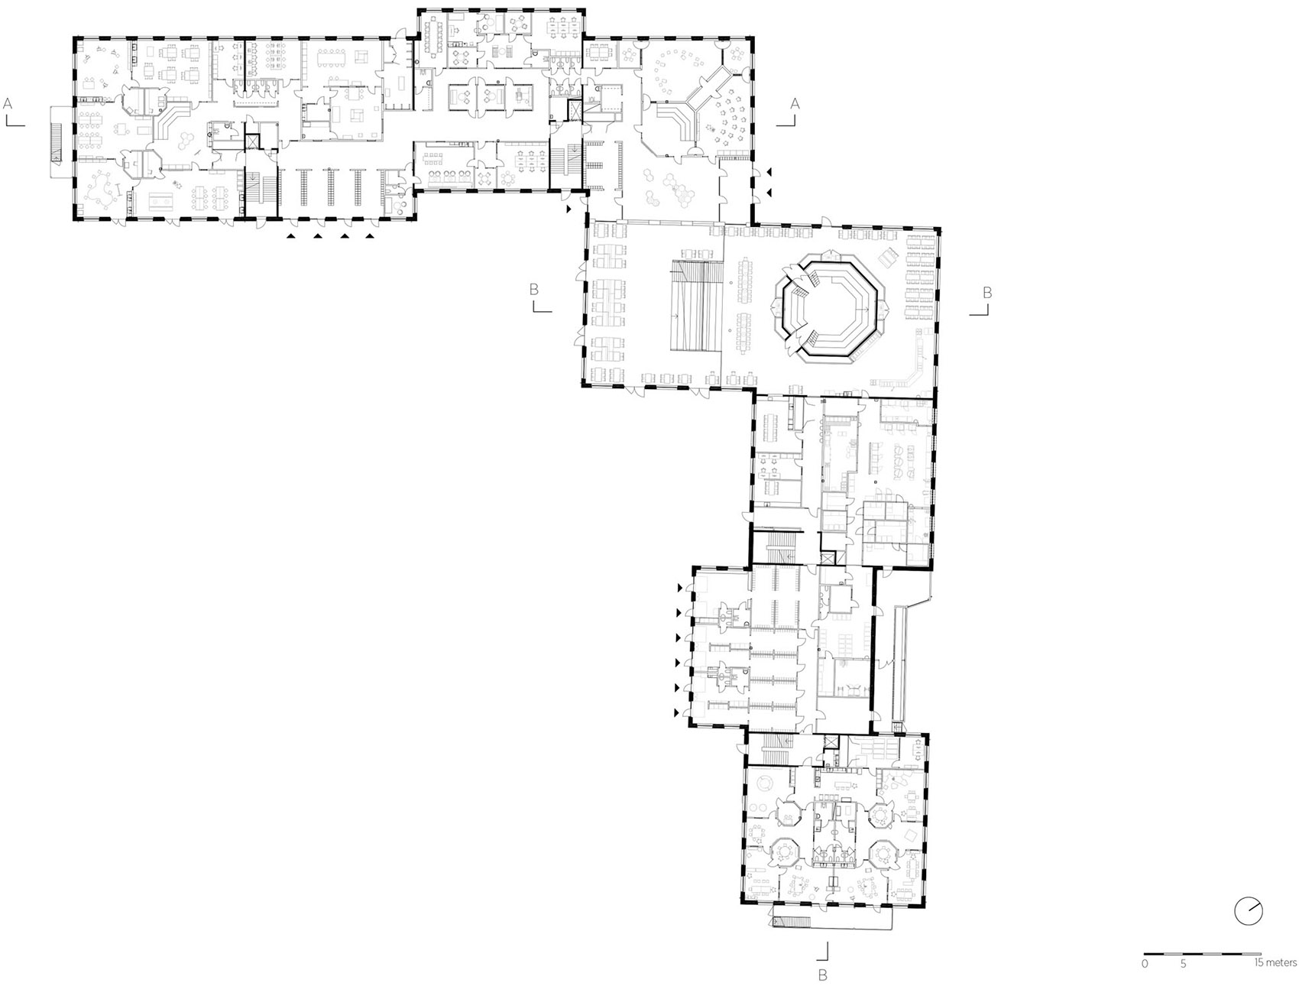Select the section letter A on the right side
click(795, 102)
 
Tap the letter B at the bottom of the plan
click(822, 975)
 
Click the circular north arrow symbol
click(1248, 911)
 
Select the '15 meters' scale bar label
click(1275, 963)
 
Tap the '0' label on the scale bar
click(1145, 964)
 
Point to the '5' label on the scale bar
click(1183, 964)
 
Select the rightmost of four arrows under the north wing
click(370, 236)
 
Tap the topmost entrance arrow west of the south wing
click(679, 588)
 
